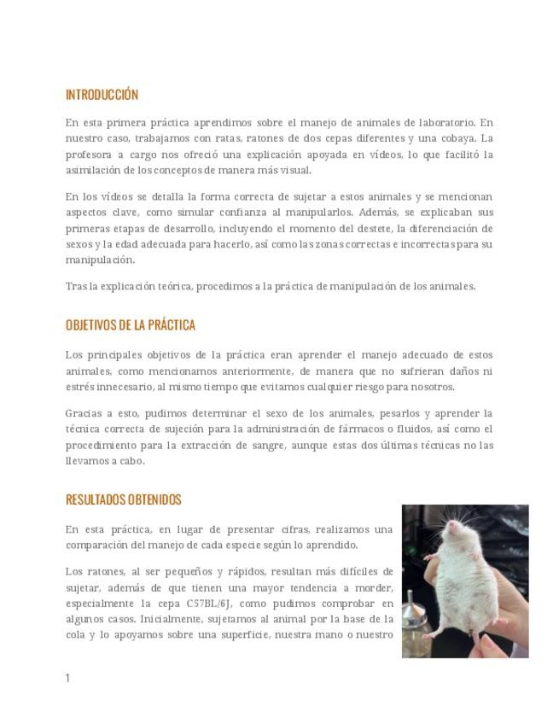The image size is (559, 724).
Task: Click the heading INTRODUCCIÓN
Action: (x=102, y=95)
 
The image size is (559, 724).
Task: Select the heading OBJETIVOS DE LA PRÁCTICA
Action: (x=131, y=325)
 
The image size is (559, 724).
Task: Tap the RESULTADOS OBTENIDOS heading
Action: (x=124, y=499)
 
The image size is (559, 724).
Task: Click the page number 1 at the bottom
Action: (x=67, y=678)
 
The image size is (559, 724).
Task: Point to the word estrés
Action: (x=81, y=387)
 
